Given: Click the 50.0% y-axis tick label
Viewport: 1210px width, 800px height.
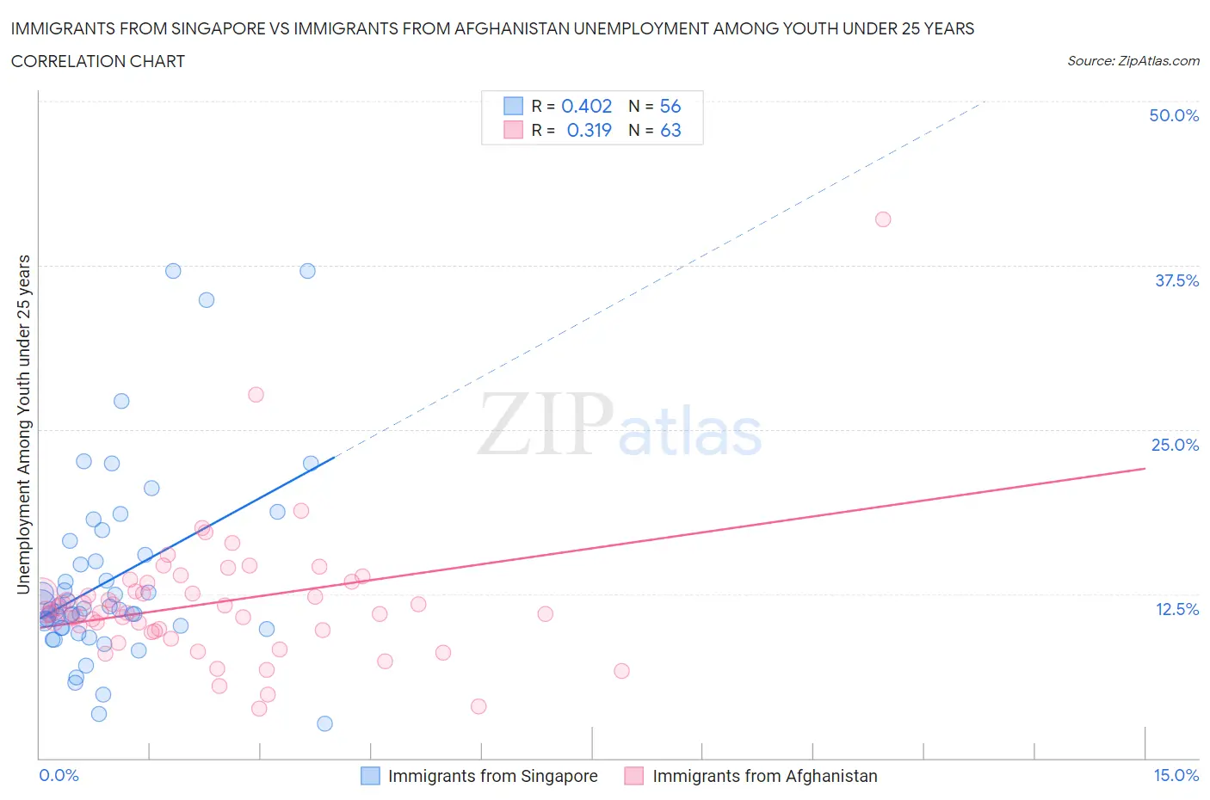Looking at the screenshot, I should point(1174,115).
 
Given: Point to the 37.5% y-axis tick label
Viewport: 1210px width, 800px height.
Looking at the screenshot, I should point(1176,280).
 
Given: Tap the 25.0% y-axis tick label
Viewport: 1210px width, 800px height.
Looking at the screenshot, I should point(1175,445).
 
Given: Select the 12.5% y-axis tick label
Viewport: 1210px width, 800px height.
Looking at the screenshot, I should point(1176,609).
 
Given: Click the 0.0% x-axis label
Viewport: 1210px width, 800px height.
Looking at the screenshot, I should point(59,775).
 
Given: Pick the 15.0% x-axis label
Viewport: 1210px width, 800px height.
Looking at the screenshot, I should point(1176,775).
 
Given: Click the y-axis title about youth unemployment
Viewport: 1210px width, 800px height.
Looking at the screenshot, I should point(24,424).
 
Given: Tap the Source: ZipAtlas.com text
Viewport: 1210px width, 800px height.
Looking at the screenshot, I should point(1133,60).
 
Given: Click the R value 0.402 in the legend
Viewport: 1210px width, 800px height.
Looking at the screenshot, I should point(586,106).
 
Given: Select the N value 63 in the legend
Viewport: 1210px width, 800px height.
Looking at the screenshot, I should point(670,130).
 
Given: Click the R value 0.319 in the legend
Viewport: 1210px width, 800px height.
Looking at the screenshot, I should point(589,130).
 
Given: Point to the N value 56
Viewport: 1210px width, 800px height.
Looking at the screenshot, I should point(670,106).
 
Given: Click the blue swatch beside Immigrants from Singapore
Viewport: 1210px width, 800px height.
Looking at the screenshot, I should point(370,776).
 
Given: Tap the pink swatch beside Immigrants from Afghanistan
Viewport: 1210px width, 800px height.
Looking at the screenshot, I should point(634,776).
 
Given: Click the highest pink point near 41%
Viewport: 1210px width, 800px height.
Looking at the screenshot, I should point(882,219).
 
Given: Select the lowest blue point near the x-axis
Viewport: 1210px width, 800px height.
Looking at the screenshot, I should point(324,723).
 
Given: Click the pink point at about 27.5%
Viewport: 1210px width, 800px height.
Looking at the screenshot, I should point(256,395).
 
